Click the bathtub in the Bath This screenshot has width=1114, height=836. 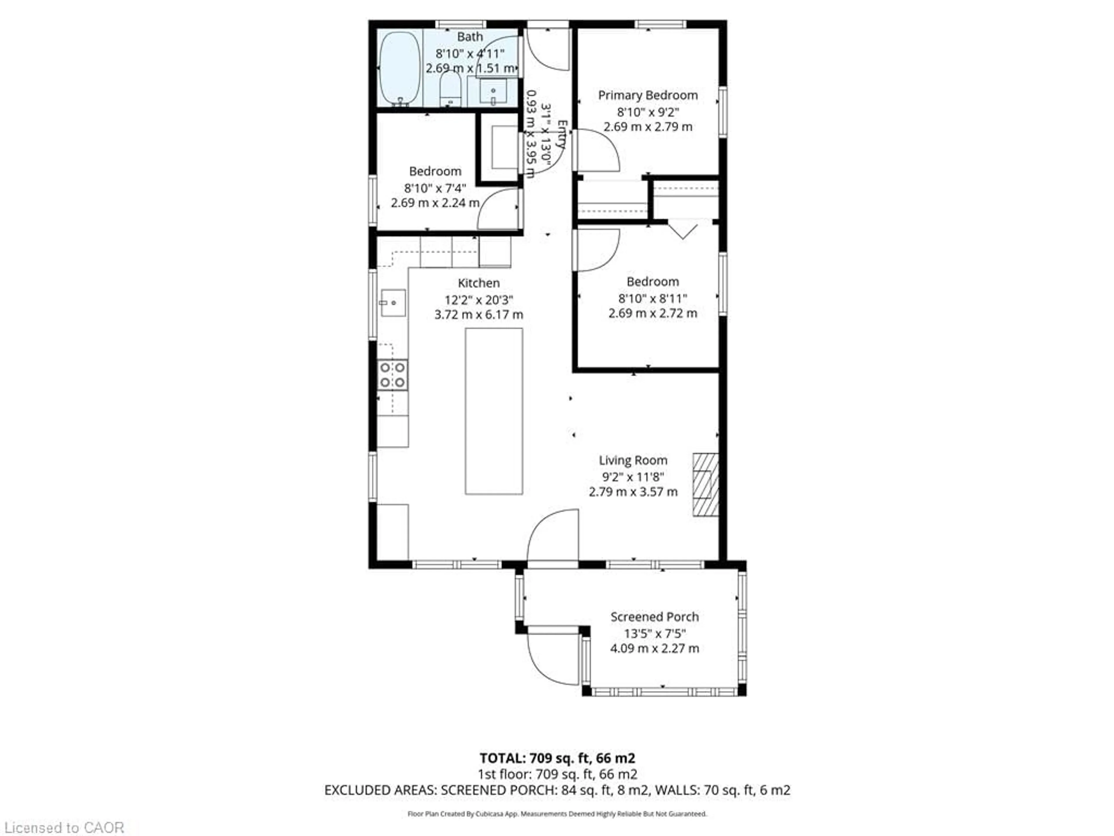click(x=399, y=68)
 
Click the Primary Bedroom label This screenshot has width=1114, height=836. click(x=648, y=95)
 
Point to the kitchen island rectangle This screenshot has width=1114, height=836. click(x=493, y=411)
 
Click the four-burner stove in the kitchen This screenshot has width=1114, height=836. click(x=392, y=375)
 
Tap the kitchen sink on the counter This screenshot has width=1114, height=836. click(x=393, y=302)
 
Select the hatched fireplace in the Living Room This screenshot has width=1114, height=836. click(x=706, y=484)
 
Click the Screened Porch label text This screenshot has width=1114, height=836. click(x=654, y=617)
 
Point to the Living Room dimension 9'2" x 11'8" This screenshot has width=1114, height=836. click(x=633, y=476)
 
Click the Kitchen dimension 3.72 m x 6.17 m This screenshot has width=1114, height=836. click(x=478, y=314)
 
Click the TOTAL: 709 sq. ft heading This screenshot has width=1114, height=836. click(x=557, y=758)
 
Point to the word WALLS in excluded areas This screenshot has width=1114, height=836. click(x=673, y=790)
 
